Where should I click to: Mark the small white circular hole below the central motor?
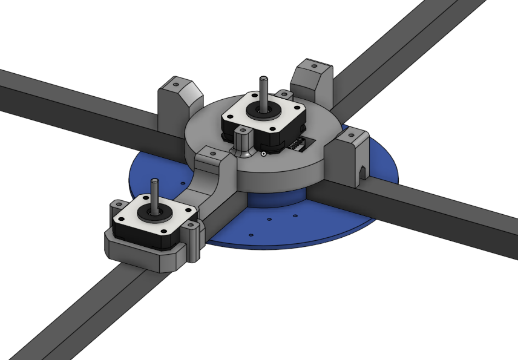pyautogui.click(x=264, y=153)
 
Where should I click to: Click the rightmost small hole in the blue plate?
pyautogui.click(x=295, y=215)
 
